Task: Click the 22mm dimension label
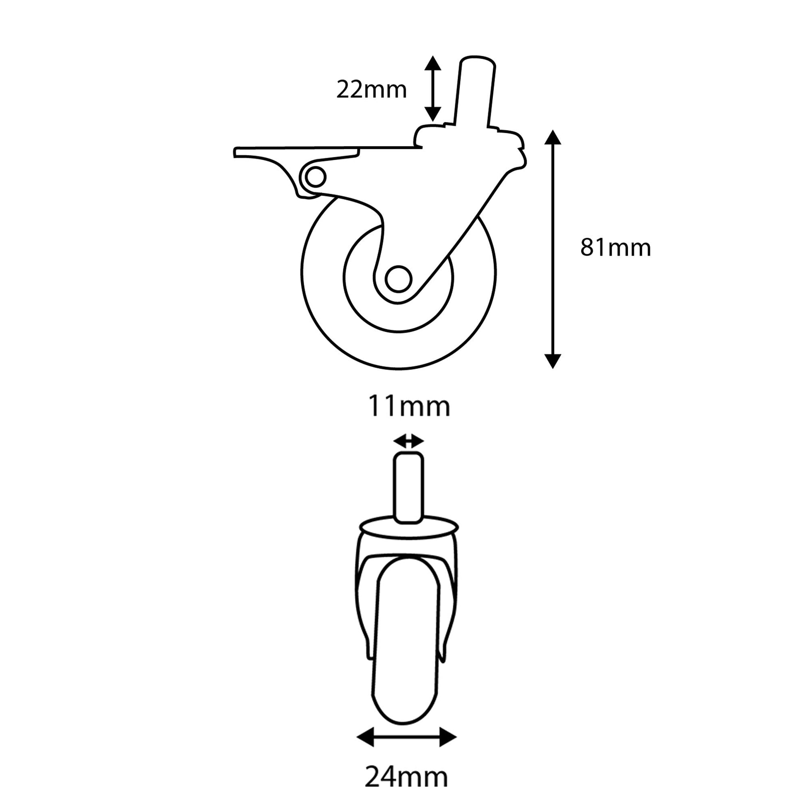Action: point(371,90)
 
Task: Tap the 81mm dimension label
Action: point(615,248)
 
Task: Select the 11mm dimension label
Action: point(408,407)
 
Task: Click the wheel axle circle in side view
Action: point(398,279)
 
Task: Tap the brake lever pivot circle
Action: point(315,177)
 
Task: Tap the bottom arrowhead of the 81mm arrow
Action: point(553,361)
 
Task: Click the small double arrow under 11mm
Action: point(408,441)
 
